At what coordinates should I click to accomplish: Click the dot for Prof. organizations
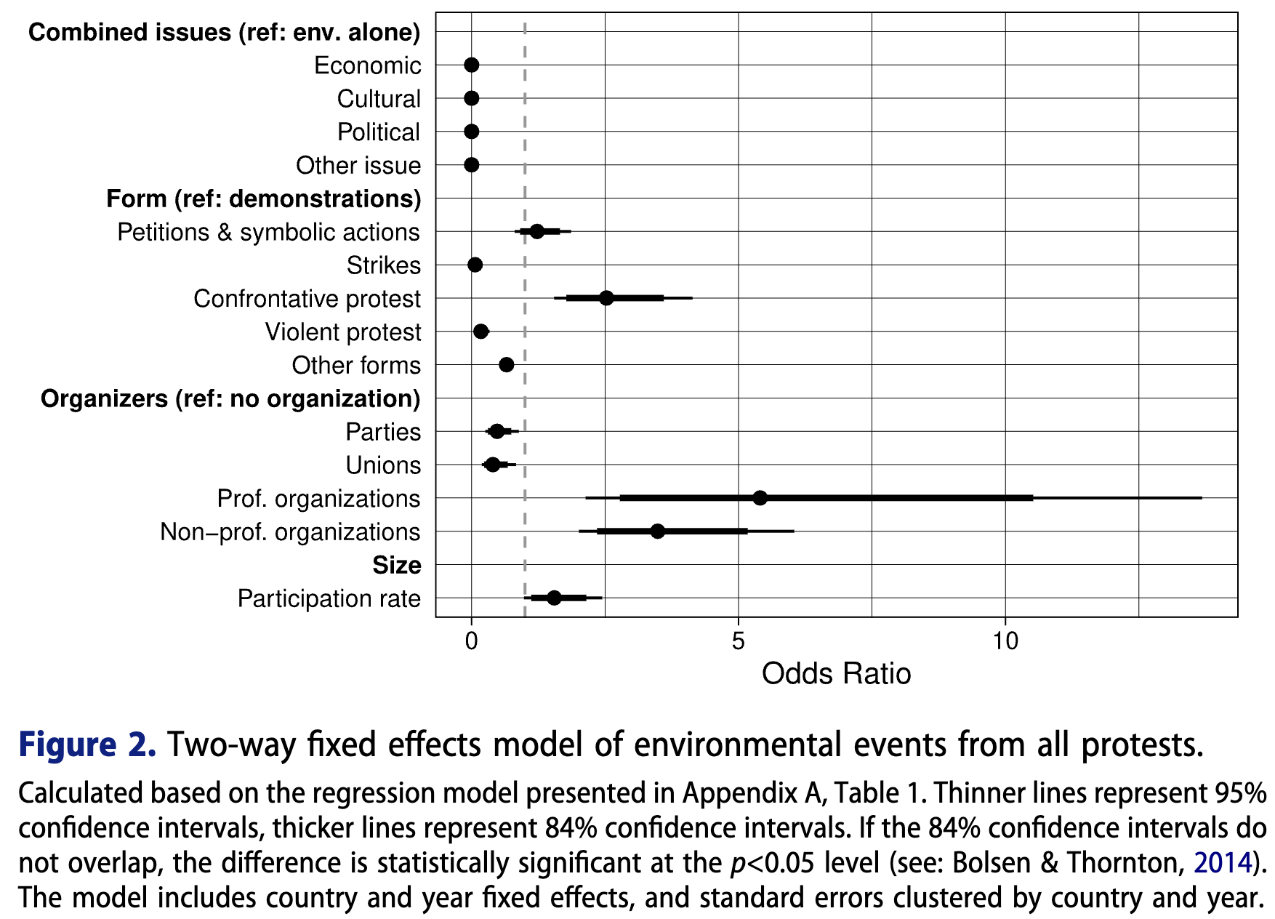click(760, 498)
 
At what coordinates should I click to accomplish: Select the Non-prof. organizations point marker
click(657, 531)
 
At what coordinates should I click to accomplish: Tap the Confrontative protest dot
click(606, 298)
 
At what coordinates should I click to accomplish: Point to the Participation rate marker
click(554, 598)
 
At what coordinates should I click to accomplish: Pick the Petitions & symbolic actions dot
click(536, 231)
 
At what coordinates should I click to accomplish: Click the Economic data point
click(472, 65)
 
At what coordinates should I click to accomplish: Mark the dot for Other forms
click(507, 365)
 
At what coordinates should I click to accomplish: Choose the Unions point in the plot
click(493, 465)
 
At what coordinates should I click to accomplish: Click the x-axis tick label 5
click(739, 641)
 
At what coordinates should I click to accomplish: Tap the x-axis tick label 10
click(1005, 641)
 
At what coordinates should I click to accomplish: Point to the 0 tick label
click(472, 641)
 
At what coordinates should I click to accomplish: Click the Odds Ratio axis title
click(836, 674)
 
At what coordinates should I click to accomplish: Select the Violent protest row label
click(342, 332)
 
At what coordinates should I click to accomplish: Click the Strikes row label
click(383, 265)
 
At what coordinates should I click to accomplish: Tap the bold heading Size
click(396, 565)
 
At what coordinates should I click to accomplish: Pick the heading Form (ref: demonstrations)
click(263, 198)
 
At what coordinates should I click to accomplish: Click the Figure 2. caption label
click(87, 745)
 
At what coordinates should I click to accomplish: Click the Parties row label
click(382, 432)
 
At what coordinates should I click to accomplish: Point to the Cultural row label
click(378, 99)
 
